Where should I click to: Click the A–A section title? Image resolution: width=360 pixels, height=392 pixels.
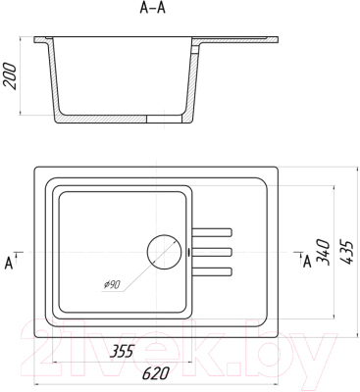(152, 8)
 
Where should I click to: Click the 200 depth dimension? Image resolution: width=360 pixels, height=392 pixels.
(10, 76)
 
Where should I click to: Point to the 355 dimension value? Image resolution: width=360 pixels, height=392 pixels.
(122, 352)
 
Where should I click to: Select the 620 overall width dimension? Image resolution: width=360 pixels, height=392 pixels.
(156, 373)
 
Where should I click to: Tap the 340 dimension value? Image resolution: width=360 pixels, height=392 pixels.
(322, 251)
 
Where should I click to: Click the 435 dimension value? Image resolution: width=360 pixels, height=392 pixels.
(346, 252)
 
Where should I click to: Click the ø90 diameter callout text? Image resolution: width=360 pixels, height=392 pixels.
(112, 285)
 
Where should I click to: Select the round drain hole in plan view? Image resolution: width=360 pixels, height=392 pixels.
(164, 252)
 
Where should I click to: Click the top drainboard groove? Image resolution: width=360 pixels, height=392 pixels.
(212, 232)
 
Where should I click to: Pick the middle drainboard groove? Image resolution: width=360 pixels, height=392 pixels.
(212, 252)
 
